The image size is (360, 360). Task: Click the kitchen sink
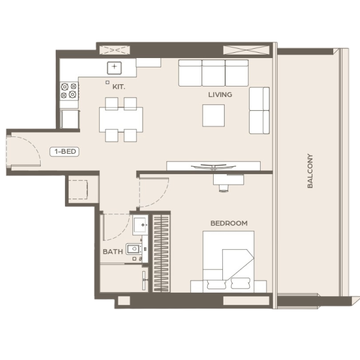point(114,68)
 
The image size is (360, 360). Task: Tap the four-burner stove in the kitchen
point(69,91)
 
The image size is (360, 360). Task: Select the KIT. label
point(118,87)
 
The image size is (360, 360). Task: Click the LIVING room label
point(220,95)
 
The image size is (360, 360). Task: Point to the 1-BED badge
point(64,152)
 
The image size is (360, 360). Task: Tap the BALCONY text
point(310,171)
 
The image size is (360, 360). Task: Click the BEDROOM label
point(229,223)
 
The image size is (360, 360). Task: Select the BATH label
point(113,251)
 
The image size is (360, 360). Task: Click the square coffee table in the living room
point(214,116)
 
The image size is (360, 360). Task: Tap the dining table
point(121,120)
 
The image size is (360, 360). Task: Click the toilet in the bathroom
point(134,249)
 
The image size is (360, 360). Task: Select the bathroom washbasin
point(141,225)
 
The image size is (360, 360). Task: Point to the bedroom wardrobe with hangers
point(161,253)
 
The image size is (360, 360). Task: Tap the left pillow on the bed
point(217,285)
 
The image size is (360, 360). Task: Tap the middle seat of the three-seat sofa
point(214,73)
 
